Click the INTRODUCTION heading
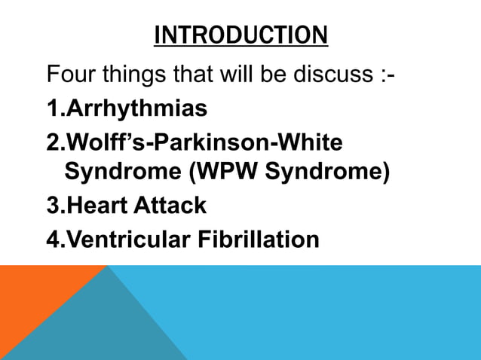[x=240, y=35]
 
